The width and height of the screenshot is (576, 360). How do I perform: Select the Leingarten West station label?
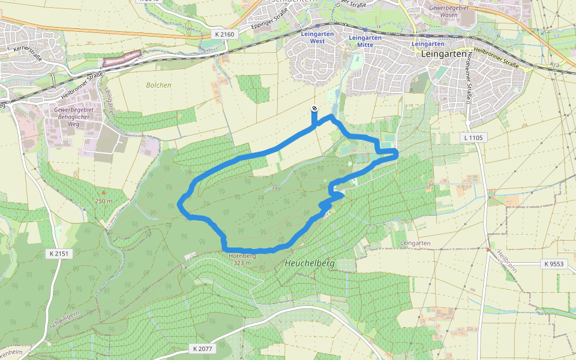(317, 38)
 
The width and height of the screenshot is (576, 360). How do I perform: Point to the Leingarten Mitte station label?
(365, 41)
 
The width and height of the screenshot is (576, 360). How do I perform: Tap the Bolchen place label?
(158, 85)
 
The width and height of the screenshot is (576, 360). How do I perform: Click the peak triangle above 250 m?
(103, 193)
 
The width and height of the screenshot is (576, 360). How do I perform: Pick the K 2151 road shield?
(58, 254)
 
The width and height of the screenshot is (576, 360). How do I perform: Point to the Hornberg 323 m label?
(242, 259)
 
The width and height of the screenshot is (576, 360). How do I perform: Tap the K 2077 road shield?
(203, 348)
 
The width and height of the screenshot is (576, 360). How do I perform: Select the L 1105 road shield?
(474, 137)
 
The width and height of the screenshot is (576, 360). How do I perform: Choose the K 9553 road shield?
(554, 263)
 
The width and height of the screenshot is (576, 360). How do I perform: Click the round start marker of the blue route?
(315, 109)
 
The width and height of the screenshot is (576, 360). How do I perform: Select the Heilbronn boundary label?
(506, 263)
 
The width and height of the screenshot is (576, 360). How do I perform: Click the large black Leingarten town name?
(445, 54)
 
